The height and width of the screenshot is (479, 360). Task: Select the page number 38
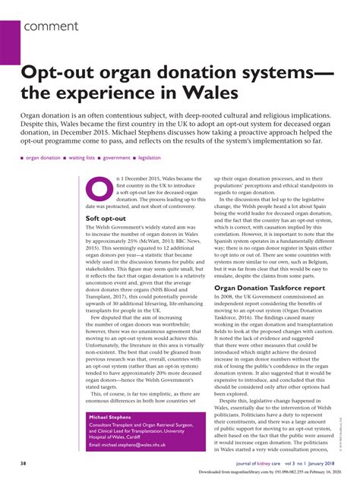[24, 462]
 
